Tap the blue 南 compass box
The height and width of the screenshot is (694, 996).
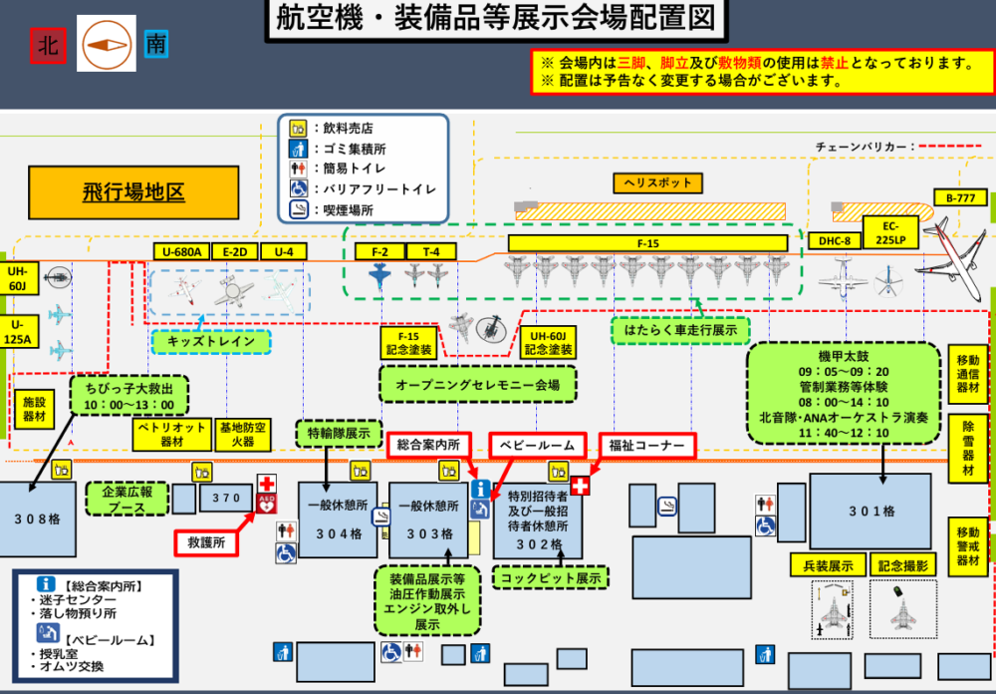tap(156, 44)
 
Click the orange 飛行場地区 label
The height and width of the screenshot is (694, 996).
tap(133, 192)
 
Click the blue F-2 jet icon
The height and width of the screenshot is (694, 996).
tap(379, 276)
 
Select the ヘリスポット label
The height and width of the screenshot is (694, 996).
tap(658, 183)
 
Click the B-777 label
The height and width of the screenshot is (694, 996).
tap(960, 197)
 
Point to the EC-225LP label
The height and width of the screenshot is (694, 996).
tap(883, 231)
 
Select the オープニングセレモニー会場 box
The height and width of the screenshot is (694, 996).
tap(477, 384)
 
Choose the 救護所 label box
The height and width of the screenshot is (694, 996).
tap(207, 543)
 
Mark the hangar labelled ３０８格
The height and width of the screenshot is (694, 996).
tap(37, 520)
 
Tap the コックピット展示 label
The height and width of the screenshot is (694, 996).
tap(551, 577)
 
